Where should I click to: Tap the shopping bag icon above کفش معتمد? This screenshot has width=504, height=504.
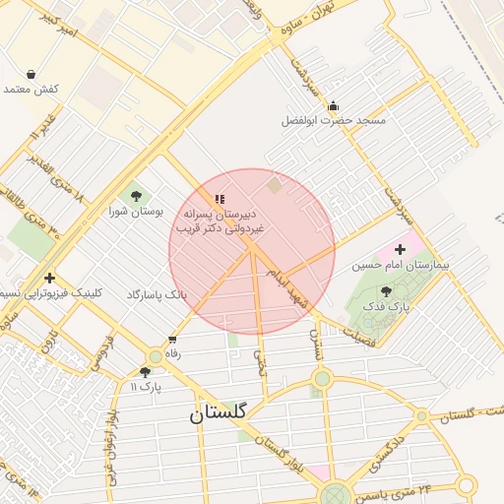(x=31, y=74)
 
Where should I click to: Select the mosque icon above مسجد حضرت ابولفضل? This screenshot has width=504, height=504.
(x=334, y=105)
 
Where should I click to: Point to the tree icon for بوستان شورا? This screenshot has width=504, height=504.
(x=135, y=196)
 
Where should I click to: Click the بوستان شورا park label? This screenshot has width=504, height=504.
(x=135, y=212)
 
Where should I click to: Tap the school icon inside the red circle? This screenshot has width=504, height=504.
(x=220, y=199)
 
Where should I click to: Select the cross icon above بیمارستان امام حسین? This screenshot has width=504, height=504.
(x=399, y=250)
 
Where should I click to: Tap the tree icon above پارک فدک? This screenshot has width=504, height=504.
(x=385, y=292)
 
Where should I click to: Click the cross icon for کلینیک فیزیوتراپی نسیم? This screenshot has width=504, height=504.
(x=49, y=278)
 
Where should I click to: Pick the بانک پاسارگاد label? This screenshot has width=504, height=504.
(x=156, y=294)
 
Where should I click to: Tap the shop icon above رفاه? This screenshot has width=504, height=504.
(x=173, y=340)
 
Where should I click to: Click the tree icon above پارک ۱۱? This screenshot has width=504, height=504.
(x=146, y=372)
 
